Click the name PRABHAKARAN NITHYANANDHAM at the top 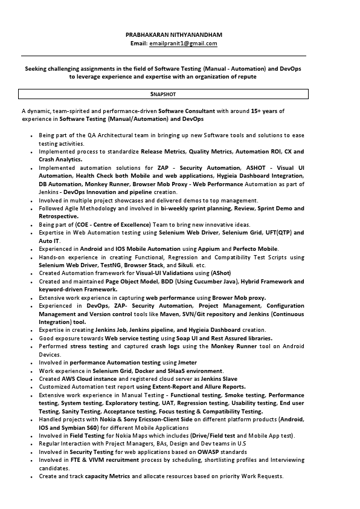tap(173, 35)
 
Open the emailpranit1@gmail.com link tap(183, 44)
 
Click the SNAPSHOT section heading tap(163, 94)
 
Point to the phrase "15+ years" tap(265, 111)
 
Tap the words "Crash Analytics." tap(60, 159)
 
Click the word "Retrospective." tap(59, 216)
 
